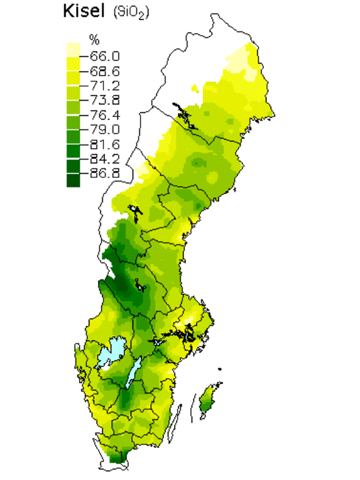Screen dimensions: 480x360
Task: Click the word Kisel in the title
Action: pos(83,11)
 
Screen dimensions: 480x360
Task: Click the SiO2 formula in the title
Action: pos(131,12)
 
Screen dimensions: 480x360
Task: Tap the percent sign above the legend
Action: pos(94,39)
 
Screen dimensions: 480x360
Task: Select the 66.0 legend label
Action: pos(105,56)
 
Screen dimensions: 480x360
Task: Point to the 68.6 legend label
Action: pos(105,71)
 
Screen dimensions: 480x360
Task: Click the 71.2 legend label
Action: pos(105,86)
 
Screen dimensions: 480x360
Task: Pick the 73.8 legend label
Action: pos(105,100)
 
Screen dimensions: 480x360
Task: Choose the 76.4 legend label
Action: pos(105,115)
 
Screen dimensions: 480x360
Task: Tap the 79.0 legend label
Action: pos(105,129)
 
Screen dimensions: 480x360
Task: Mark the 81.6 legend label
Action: pos(105,144)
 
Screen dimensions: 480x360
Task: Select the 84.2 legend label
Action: pos(105,159)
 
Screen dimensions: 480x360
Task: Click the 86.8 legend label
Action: pos(105,173)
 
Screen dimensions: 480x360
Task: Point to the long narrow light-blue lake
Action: pos(133,373)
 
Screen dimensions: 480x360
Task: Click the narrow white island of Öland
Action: pos(175,424)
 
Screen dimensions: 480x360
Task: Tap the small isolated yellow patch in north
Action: pos(194,89)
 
